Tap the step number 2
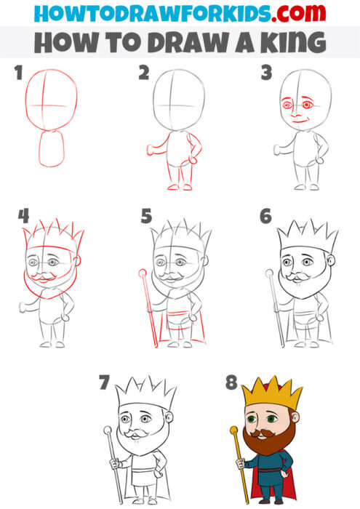pyautogui.click(x=144, y=73)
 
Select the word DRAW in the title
pyautogui.click(x=176, y=42)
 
